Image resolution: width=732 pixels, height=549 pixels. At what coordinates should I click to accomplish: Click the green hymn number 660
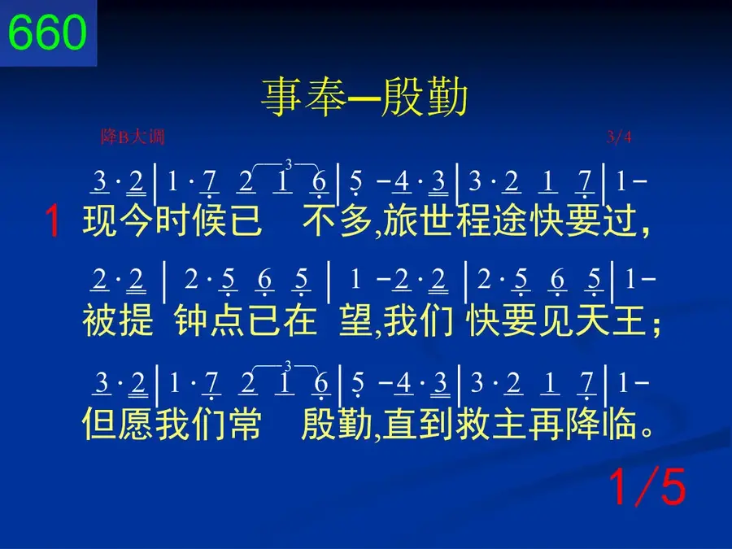(x=47, y=33)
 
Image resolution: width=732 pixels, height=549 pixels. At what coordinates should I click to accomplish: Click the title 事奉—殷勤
(x=364, y=98)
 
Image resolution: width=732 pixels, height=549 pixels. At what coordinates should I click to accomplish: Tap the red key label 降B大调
(x=133, y=137)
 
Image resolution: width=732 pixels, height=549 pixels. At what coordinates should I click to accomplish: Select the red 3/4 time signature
(x=619, y=137)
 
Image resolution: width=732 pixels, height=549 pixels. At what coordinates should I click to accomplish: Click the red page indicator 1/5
(x=647, y=487)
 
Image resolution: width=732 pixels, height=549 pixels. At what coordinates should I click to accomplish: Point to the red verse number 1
(x=53, y=221)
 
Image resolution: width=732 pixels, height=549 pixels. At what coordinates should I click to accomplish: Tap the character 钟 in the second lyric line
(x=192, y=320)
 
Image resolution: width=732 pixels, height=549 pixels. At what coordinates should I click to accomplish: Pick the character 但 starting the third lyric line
(x=99, y=424)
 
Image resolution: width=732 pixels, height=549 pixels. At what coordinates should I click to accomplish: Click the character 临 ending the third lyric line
(x=619, y=424)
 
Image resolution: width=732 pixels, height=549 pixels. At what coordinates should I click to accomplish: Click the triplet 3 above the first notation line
(x=289, y=164)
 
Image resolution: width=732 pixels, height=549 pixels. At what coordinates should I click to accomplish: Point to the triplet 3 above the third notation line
(x=288, y=366)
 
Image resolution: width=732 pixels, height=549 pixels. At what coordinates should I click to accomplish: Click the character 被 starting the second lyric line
(x=99, y=320)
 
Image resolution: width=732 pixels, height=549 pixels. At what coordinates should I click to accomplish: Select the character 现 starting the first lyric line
(x=99, y=220)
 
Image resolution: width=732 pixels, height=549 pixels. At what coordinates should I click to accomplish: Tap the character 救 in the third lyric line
(x=473, y=424)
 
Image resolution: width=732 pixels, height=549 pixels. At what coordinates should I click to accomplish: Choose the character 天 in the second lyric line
(x=592, y=320)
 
